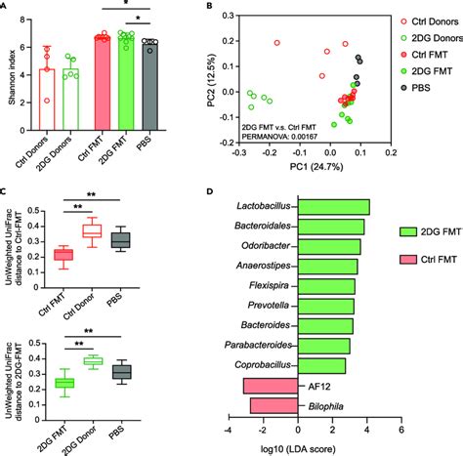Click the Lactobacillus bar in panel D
coord(333,207)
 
